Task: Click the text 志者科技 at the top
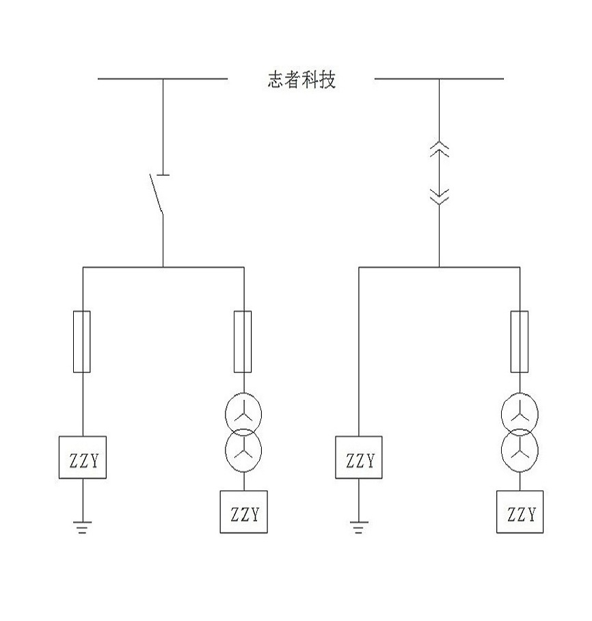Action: click(301, 80)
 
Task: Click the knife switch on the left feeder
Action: click(157, 194)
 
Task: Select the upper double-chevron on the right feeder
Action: click(439, 150)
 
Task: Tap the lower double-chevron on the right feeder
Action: click(439, 197)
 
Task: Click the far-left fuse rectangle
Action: click(82, 341)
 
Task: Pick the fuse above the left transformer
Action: click(243, 341)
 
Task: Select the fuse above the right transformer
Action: click(520, 341)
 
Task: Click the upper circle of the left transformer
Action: click(243, 412)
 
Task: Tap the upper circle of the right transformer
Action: click(520, 412)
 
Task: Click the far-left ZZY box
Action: click(83, 457)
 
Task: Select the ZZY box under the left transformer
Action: click(243, 512)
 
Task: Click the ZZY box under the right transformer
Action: click(520, 512)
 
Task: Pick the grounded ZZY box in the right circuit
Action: click(359, 457)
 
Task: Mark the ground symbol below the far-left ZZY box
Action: click(82, 527)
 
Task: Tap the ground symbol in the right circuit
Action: click(359, 527)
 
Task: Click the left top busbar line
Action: click(163, 79)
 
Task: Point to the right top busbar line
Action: click(439, 79)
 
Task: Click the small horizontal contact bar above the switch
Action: click(163, 176)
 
